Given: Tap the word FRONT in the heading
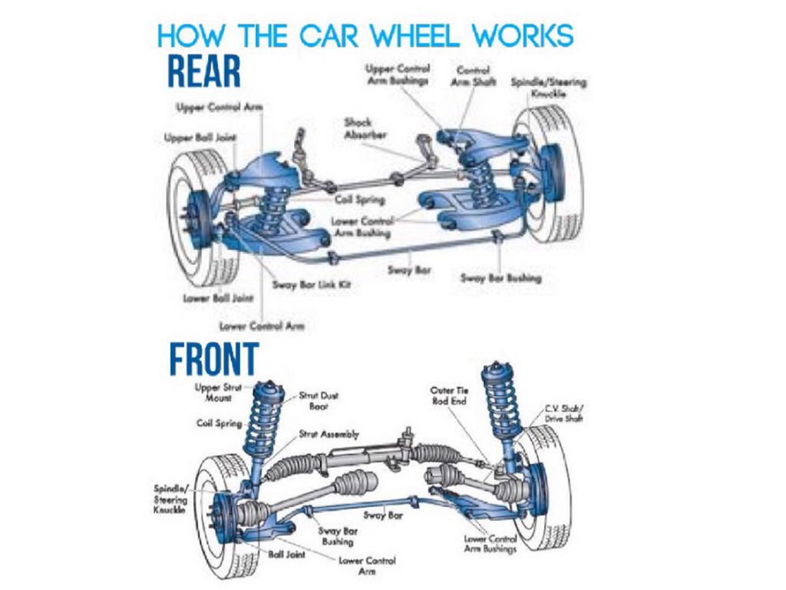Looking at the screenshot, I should tap(213, 359).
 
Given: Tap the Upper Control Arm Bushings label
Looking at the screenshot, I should tap(398, 74).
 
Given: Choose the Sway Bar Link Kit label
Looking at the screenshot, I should tap(312, 285).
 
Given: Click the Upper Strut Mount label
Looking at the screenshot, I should tap(217, 393).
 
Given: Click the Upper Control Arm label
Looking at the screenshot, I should tap(220, 108).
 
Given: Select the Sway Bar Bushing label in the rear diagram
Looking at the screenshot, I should tap(500, 277).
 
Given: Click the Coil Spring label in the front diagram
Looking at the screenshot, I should tap(220, 423).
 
